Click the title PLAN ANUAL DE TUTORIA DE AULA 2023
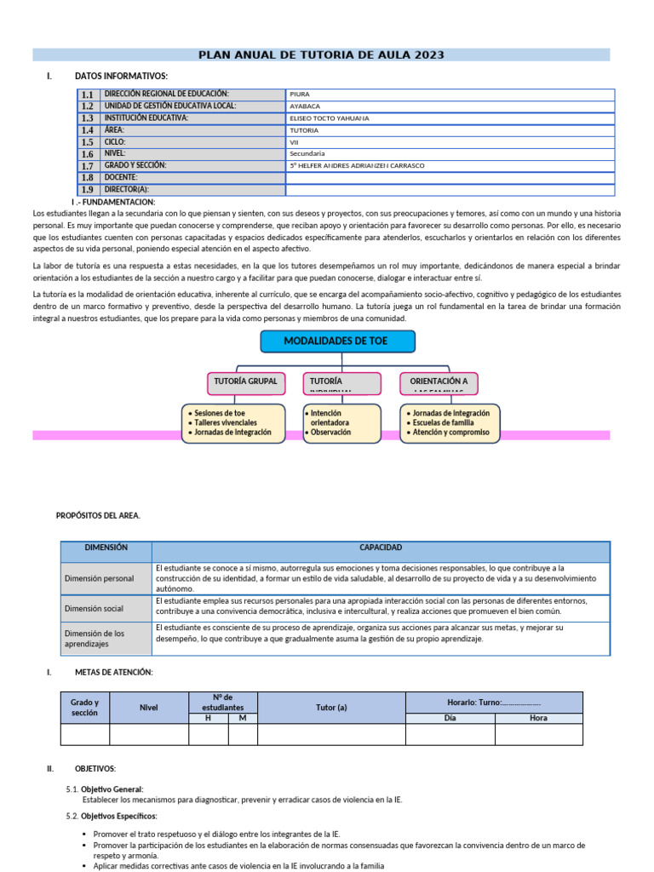(x=321, y=55)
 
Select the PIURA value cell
(x=450, y=95)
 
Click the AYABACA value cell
(x=450, y=106)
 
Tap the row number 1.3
(x=88, y=119)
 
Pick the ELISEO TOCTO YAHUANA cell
(x=450, y=118)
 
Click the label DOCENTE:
(x=121, y=177)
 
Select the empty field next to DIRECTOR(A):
(x=450, y=190)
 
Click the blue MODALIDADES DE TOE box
(x=337, y=341)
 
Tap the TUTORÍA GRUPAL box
(x=244, y=382)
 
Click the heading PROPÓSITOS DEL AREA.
(x=98, y=515)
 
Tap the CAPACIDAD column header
(x=381, y=548)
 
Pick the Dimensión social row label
(x=94, y=609)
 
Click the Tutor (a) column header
(x=330, y=707)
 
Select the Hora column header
(x=538, y=718)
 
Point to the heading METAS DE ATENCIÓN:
(x=113, y=673)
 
